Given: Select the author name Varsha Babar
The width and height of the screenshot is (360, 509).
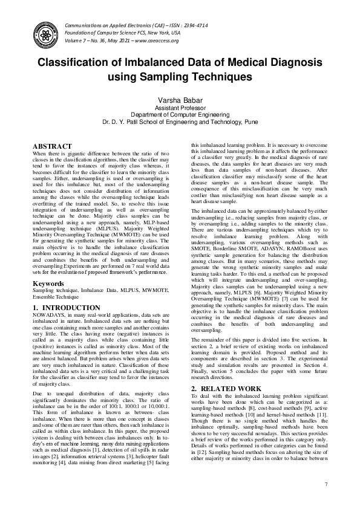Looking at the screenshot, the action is [180, 99].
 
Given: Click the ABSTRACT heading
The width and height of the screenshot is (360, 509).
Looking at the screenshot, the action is [52, 147].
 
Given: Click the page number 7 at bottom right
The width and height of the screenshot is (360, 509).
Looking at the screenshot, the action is [326, 484].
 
